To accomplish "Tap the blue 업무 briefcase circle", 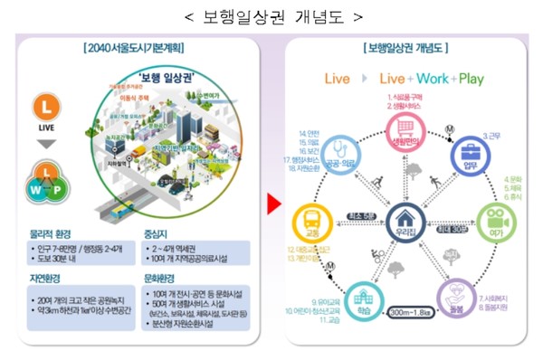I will pos(469,154).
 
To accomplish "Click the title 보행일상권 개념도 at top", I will pos(272,16).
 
